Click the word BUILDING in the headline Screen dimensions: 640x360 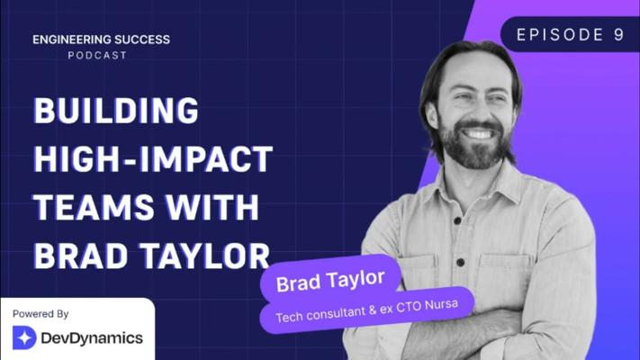116,110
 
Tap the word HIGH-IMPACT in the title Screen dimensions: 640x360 153,158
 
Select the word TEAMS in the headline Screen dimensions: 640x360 95,207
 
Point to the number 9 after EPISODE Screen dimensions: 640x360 618,35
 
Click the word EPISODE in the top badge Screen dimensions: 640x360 560,35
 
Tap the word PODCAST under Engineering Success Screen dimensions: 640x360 97,55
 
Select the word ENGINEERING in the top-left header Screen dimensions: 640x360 71,40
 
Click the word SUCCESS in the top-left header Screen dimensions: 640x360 142,40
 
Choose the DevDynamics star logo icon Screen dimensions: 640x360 24,337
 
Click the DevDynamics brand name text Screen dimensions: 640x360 92,338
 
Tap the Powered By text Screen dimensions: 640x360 41,314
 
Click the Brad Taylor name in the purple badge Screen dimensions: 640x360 330,281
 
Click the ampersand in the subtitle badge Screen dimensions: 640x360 372,310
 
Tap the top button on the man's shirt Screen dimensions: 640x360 457,220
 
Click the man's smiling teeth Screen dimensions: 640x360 479,133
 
